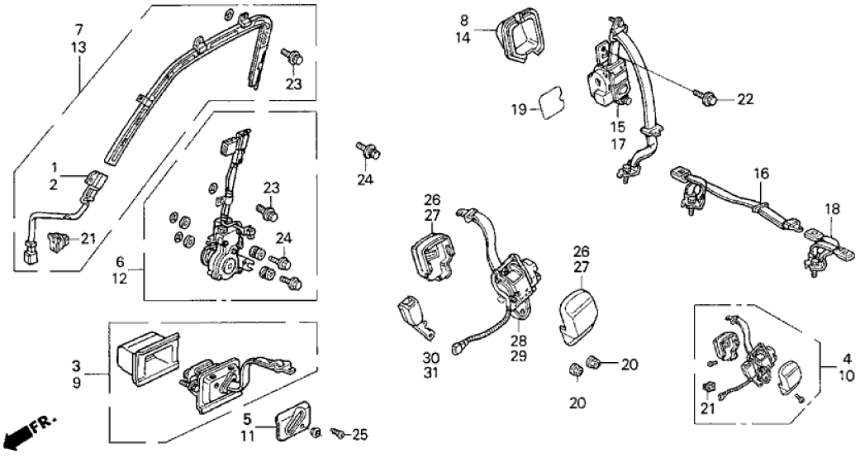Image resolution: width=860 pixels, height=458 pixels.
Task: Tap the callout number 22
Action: pyautogui.click(x=745, y=100)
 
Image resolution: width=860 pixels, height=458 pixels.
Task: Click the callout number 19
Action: pyautogui.click(x=518, y=108)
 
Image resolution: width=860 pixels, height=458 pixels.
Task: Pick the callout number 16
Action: pyautogui.click(x=760, y=174)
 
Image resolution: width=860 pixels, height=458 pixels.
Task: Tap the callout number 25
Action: pyautogui.click(x=360, y=433)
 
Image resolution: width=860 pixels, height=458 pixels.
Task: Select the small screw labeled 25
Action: pyautogui.click(x=338, y=432)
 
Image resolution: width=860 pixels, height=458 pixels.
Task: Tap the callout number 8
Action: pyautogui.click(x=464, y=20)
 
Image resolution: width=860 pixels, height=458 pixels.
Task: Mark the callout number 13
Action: pyautogui.click(x=78, y=49)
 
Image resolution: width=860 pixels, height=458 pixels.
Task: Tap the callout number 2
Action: pyautogui.click(x=53, y=184)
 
